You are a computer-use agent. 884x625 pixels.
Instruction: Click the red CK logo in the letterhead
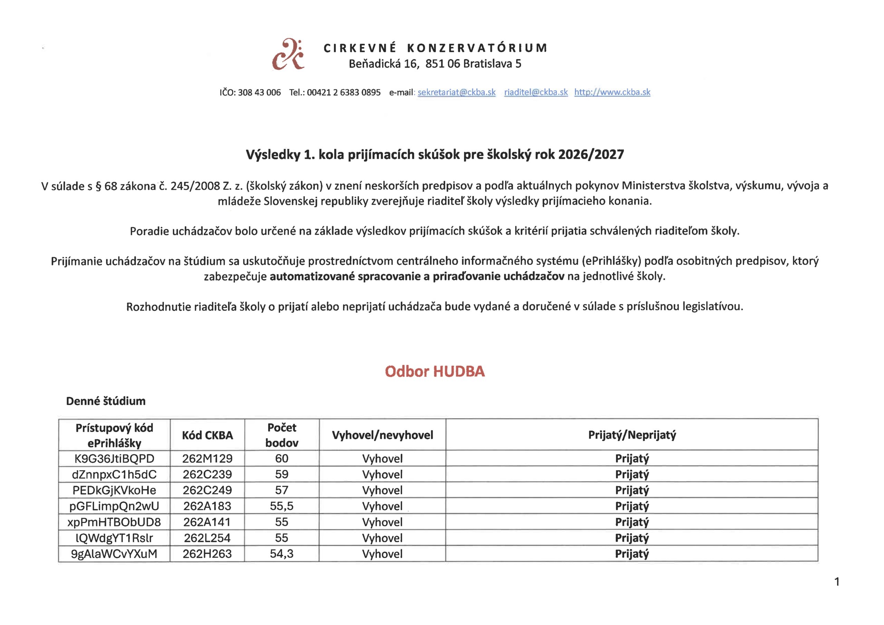[288, 55]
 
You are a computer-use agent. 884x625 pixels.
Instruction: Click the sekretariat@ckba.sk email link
[456, 93]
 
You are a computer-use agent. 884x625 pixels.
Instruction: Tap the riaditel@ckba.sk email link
[536, 93]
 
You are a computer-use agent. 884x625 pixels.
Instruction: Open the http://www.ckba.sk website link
[612, 93]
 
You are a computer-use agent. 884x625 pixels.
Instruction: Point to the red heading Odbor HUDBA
[434, 371]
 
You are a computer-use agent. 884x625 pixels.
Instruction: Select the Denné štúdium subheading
[106, 401]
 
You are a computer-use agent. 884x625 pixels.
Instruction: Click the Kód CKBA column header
[207, 435]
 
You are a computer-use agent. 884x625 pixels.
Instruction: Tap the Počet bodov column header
[281, 435]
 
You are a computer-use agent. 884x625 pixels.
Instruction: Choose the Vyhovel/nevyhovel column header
[382, 435]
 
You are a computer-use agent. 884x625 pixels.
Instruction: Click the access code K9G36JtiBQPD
[114, 459]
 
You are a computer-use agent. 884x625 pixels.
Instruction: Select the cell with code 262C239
[207, 474]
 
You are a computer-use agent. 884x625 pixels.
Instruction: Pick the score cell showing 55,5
[281, 506]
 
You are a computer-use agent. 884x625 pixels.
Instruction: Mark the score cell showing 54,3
[281, 554]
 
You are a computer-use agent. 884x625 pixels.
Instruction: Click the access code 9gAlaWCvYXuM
[114, 554]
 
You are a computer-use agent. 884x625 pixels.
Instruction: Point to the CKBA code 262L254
[207, 538]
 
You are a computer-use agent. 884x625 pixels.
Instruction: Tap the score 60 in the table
[281, 459]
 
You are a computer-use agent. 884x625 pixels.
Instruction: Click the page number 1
[837, 582]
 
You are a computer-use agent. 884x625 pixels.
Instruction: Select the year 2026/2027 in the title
[590, 154]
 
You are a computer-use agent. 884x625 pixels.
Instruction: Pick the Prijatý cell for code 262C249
[632, 490]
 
